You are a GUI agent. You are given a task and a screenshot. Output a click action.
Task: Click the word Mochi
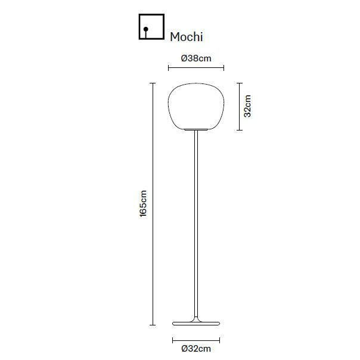[x=187, y=37]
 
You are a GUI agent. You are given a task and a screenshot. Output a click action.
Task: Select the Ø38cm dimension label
[x=196, y=58]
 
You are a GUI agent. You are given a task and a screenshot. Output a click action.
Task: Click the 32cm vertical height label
[x=248, y=106]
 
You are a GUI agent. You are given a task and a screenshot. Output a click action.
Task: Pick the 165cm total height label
[x=143, y=204]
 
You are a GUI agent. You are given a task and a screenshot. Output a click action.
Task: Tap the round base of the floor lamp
[x=195, y=323]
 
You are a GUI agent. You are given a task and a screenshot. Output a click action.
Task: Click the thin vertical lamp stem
[x=195, y=226]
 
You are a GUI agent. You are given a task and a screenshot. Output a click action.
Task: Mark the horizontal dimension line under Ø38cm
[x=196, y=67]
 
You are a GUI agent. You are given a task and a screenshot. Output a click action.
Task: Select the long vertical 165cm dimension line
[x=153, y=204]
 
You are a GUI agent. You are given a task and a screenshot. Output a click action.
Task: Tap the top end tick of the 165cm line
[x=153, y=83]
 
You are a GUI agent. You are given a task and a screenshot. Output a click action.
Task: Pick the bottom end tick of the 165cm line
[x=153, y=325]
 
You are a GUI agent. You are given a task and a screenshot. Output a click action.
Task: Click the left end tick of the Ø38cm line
[x=169, y=67]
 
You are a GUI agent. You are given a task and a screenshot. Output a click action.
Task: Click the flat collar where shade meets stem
[x=195, y=130]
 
